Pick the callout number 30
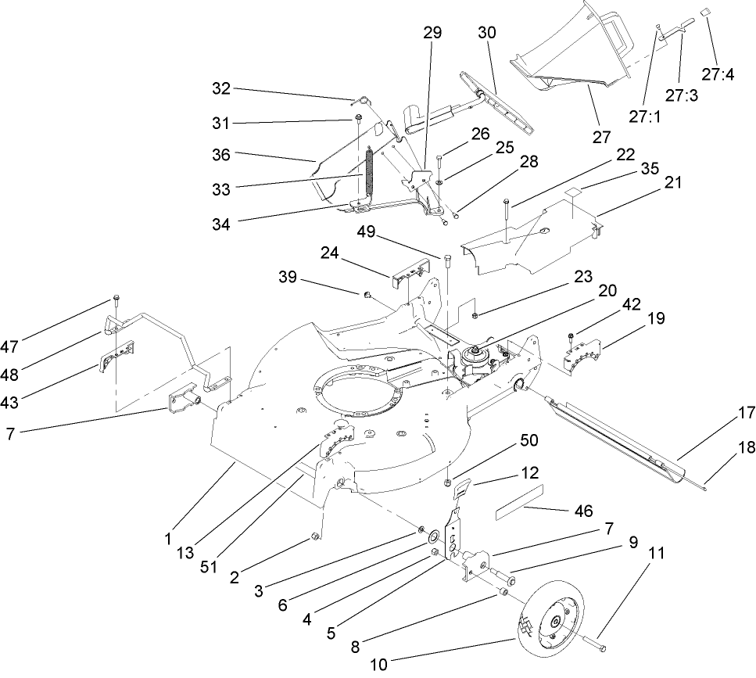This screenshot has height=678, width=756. pyautogui.click(x=487, y=34)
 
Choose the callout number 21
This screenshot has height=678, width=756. pyautogui.click(x=672, y=183)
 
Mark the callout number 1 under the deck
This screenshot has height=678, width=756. pyautogui.click(x=168, y=539)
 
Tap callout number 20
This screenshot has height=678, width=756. pyautogui.click(x=607, y=289)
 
